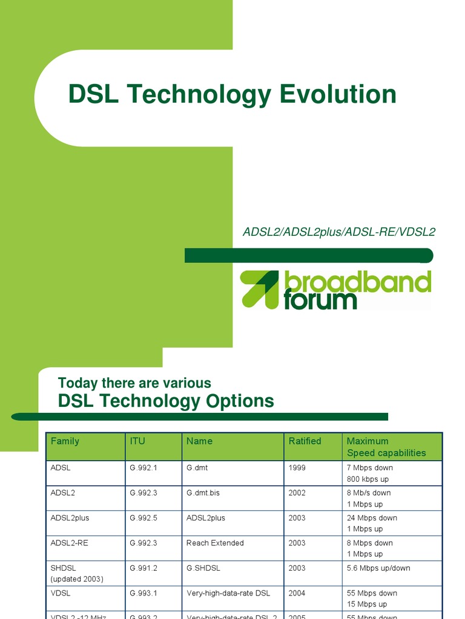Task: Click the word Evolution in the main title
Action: (x=338, y=95)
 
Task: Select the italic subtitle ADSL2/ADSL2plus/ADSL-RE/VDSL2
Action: (x=339, y=232)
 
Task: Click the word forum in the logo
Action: (x=320, y=300)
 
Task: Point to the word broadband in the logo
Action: (x=357, y=283)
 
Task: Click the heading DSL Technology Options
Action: (x=166, y=401)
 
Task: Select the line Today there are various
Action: (x=134, y=383)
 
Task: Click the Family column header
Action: (x=65, y=441)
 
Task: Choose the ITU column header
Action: (x=137, y=441)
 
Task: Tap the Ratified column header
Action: (x=305, y=441)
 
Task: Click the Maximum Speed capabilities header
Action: (x=386, y=447)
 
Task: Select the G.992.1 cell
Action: (x=143, y=468)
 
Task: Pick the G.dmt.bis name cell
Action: (x=203, y=493)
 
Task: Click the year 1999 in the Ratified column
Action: (x=297, y=468)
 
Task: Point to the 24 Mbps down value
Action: (x=372, y=518)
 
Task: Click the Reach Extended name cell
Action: (x=215, y=543)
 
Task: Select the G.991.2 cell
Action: (x=143, y=568)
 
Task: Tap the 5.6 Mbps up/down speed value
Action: (x=378, y=568)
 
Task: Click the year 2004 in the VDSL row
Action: (x=297, y=593)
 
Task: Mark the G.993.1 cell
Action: (x=143, y=593)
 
